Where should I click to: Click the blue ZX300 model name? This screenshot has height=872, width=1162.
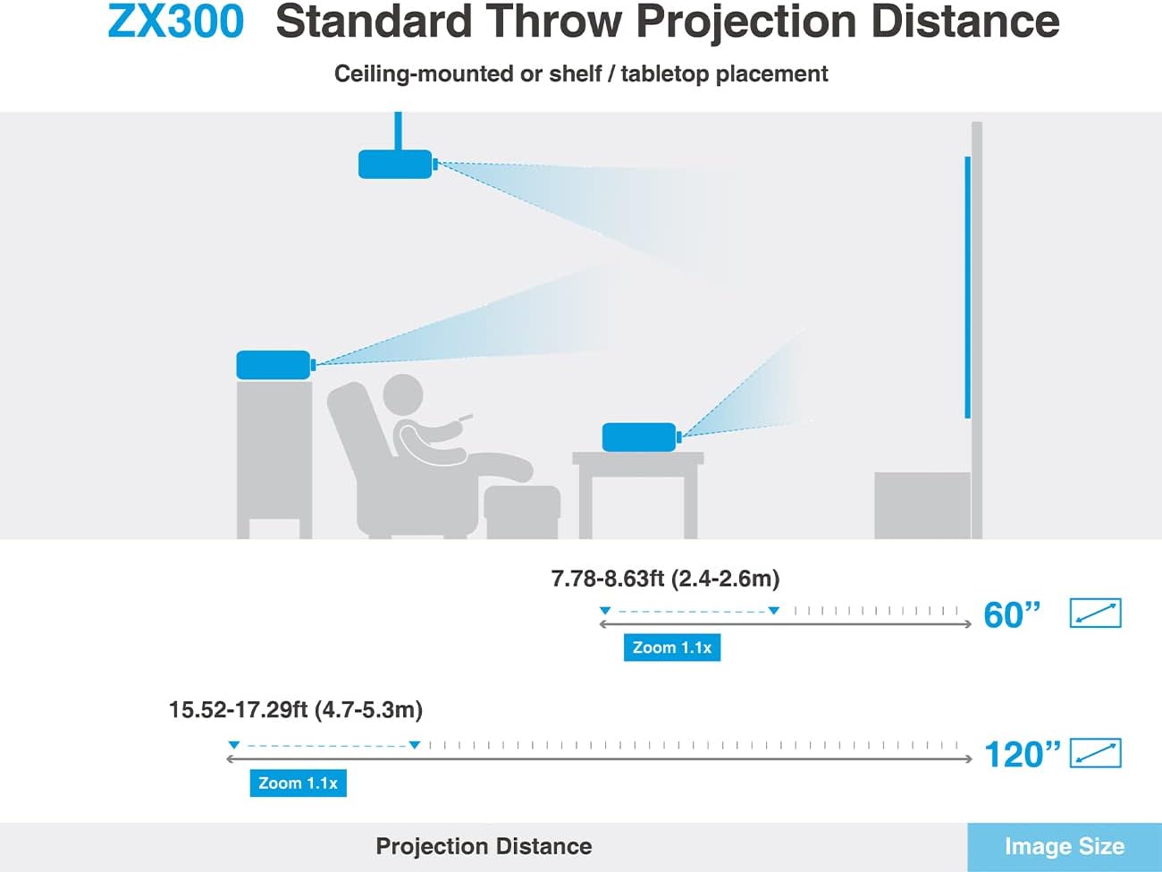(x=176, y=21)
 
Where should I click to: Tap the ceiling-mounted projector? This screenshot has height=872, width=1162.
(x=397, y=165)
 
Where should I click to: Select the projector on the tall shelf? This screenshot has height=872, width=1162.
(x=275, y=365)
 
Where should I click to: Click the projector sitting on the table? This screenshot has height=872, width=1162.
(x=641, y=437)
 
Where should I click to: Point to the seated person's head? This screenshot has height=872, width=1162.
(x=403, y=394)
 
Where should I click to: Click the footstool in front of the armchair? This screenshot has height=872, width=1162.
(x=522, y=512)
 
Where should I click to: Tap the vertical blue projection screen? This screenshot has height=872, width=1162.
(x=967, y=287)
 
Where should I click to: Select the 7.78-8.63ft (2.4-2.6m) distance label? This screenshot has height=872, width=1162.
(x=665, y=579)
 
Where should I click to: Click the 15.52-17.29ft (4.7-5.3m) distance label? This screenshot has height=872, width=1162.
(x=295, y=710)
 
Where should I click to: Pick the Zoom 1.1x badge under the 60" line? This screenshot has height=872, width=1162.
(x=672, y=648)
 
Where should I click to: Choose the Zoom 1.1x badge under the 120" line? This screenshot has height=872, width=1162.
(x=298, y=783)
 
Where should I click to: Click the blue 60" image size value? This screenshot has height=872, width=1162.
(x=1012, y=614)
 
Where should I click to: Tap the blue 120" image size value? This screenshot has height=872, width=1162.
(x=1023, y=754)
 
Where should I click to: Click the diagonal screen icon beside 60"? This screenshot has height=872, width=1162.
(x=1095, y=613)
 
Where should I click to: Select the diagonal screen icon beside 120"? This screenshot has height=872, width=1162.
(x=1095, y=752)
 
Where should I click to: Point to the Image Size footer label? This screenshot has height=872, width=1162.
(x=1065, y=847)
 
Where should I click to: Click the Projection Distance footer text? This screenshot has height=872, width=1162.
(x=484, y=847)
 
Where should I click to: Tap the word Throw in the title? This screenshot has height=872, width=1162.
(x=553, y=21)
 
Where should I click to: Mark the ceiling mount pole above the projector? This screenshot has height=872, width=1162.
(x=398, y=131)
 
